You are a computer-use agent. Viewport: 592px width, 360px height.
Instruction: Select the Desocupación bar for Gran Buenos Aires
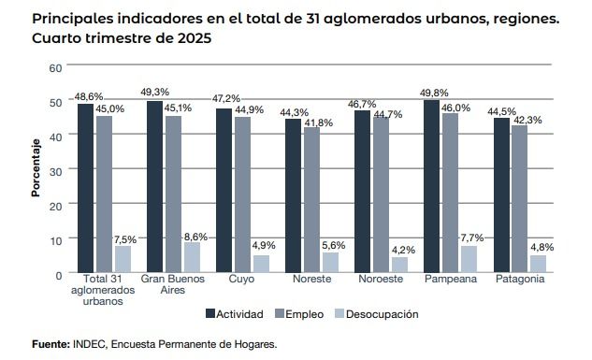point(192,257)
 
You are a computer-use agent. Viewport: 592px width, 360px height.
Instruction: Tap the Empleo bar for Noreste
point(311,200)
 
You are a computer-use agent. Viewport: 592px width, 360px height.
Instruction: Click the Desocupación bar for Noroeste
point(399,265)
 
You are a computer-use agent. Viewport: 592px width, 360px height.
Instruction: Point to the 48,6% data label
point(89,96)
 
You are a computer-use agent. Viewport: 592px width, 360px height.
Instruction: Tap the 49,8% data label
point(436,93)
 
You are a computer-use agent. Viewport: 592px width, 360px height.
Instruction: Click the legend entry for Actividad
point(233,314)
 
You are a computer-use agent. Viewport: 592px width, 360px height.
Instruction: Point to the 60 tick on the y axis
point(55,68)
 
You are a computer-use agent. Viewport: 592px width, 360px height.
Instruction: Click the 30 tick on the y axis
point(55,171)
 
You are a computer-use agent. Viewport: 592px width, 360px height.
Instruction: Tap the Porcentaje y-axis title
point(36,169)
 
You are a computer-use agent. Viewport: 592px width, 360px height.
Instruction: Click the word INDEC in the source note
point(89,344)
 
